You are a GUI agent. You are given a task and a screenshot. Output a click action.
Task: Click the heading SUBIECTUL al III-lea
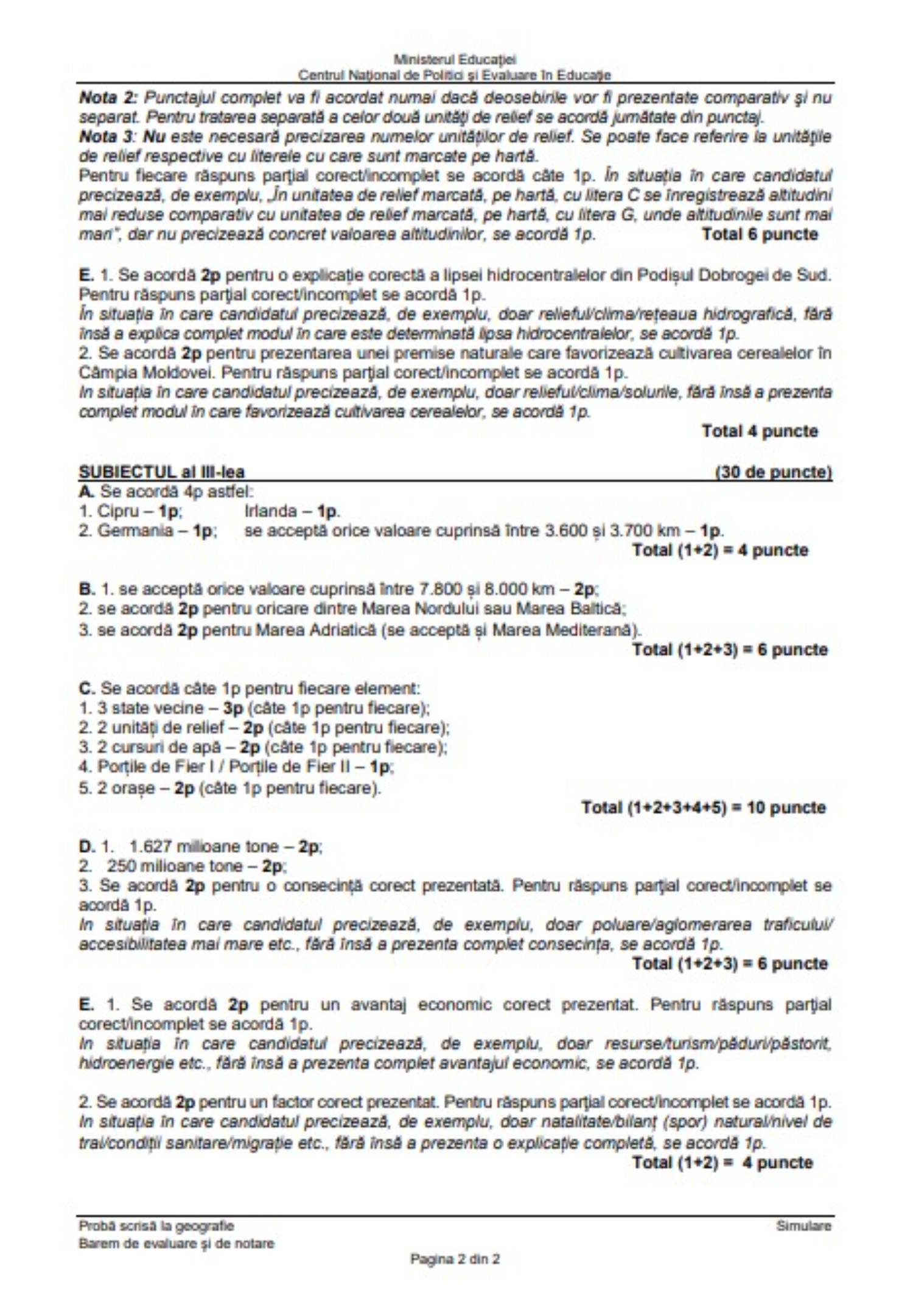click(x=162, y=472)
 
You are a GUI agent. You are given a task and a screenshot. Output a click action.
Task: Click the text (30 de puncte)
click(x=773, y=472)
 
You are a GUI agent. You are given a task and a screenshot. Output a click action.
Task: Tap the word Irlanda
click(x=271, y=511)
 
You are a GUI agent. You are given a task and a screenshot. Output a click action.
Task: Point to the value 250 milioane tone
click(x=183, y=866)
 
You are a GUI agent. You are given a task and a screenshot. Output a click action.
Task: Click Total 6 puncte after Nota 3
click(x=760, y=234)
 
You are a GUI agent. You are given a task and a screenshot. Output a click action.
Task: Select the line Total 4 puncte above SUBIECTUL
click(x=760, y=431)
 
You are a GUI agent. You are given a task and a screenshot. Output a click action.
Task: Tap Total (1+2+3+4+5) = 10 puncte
click(x=704, y=807)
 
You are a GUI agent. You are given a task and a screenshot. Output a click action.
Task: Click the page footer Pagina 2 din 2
click(x=455, y=1259)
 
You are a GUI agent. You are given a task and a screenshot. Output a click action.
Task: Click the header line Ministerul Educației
click(x=455, y=59)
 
